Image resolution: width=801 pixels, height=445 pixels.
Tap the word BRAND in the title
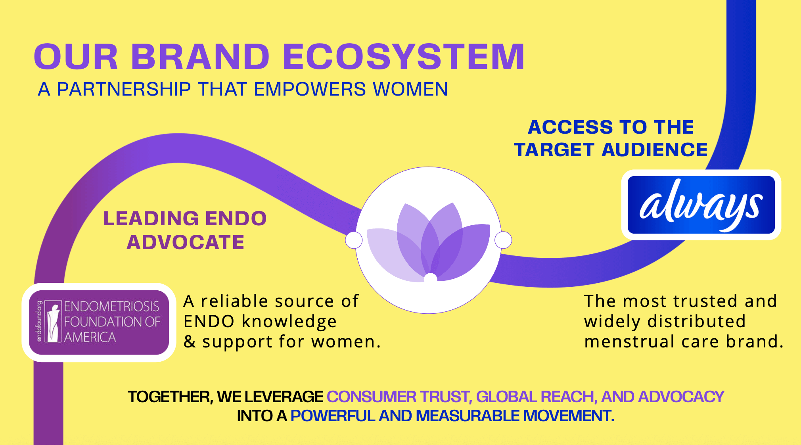pyautogui.click(x=200, y=57)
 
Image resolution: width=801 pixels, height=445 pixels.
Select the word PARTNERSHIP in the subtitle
pyautogui.click(x=124, y=89)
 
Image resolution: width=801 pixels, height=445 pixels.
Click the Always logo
pyautogui.click(x=701, y=205)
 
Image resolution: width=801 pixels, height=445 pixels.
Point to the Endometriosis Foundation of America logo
pyautogui.click(x=99, y=322)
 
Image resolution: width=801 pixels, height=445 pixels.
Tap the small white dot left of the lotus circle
pyautogui.click(x=354, y=240)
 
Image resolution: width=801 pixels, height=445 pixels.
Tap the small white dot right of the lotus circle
pyautogui.click(x=503, y=240)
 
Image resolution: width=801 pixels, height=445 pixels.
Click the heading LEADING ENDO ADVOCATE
pyautogui.click(x=185, y=230)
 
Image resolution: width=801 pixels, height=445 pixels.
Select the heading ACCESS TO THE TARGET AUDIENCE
pyautogui.click(x=611, y=138)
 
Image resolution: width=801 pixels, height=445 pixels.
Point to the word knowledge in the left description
pyautogui.click(x=289, y=322)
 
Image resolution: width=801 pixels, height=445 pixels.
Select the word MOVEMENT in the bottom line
pyautogui.click(x=568, y=416)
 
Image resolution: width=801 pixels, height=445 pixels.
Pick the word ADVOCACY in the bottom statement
pyautogui.click(x=681, y=397)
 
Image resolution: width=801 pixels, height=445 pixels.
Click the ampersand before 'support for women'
pyautogui.click(x=190, y=342)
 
